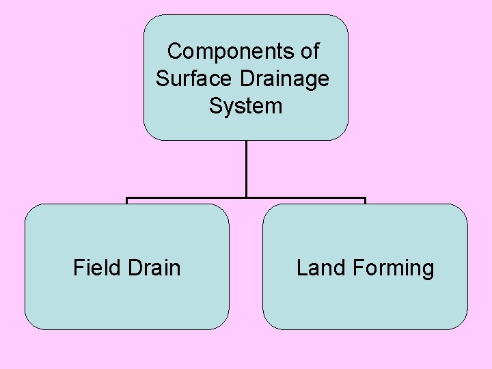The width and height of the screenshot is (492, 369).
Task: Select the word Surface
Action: click(195, 79)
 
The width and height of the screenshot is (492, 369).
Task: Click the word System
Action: click(245, 106)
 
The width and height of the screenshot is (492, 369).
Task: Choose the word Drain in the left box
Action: click(154, 267)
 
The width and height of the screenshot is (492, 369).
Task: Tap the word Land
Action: click(321, 267)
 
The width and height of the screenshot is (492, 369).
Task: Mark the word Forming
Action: click(393, 268)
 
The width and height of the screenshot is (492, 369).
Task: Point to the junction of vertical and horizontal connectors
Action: click(246, 198)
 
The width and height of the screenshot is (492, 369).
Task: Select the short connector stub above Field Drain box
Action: click(127, 201)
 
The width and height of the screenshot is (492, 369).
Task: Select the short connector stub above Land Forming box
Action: click(366, 201)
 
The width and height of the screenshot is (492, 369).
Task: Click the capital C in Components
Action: click(175, 51)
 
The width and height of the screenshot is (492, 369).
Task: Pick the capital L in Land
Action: click(302, 267)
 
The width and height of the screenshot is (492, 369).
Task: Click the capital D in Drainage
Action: click(247, 79)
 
